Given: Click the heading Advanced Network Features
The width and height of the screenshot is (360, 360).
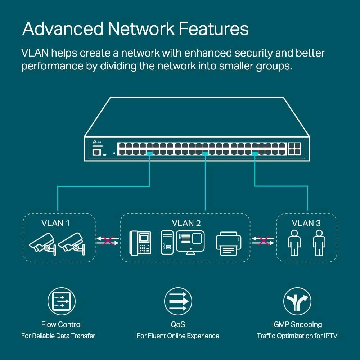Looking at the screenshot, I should point(135,29).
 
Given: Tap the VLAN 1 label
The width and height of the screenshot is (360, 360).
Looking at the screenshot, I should point(55,223).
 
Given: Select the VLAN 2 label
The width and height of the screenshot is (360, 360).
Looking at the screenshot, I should point(186,223).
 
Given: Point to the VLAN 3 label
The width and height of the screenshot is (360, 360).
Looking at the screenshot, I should point(306,223).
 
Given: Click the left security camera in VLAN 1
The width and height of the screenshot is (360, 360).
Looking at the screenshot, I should point(41,243).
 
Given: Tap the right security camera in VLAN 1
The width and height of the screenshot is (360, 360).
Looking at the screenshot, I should point(72,243).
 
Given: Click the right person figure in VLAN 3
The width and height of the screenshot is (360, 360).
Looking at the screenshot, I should point(319,243).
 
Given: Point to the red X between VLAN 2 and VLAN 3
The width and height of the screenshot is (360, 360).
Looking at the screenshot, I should point(263,240).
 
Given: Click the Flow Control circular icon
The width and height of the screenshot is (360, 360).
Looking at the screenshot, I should point(62,302).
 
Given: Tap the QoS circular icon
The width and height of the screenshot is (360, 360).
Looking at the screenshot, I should point(178,302).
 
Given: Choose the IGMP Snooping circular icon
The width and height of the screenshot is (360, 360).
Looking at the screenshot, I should point(297,302).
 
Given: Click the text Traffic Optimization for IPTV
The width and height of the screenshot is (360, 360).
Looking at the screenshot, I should point(297,336).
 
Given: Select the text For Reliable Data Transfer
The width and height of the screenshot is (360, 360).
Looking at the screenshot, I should point(58,336).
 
